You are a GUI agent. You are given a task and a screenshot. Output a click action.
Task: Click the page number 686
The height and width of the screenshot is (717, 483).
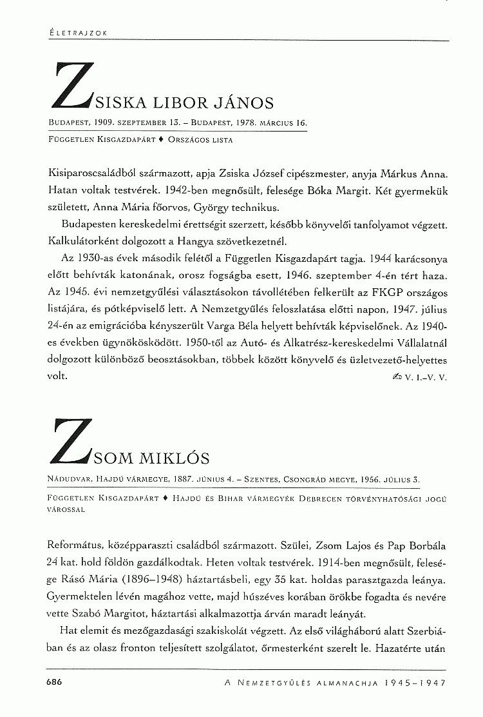(53, 682)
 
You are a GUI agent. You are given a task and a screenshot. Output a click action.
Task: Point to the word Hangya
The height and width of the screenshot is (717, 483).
(187, 241)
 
